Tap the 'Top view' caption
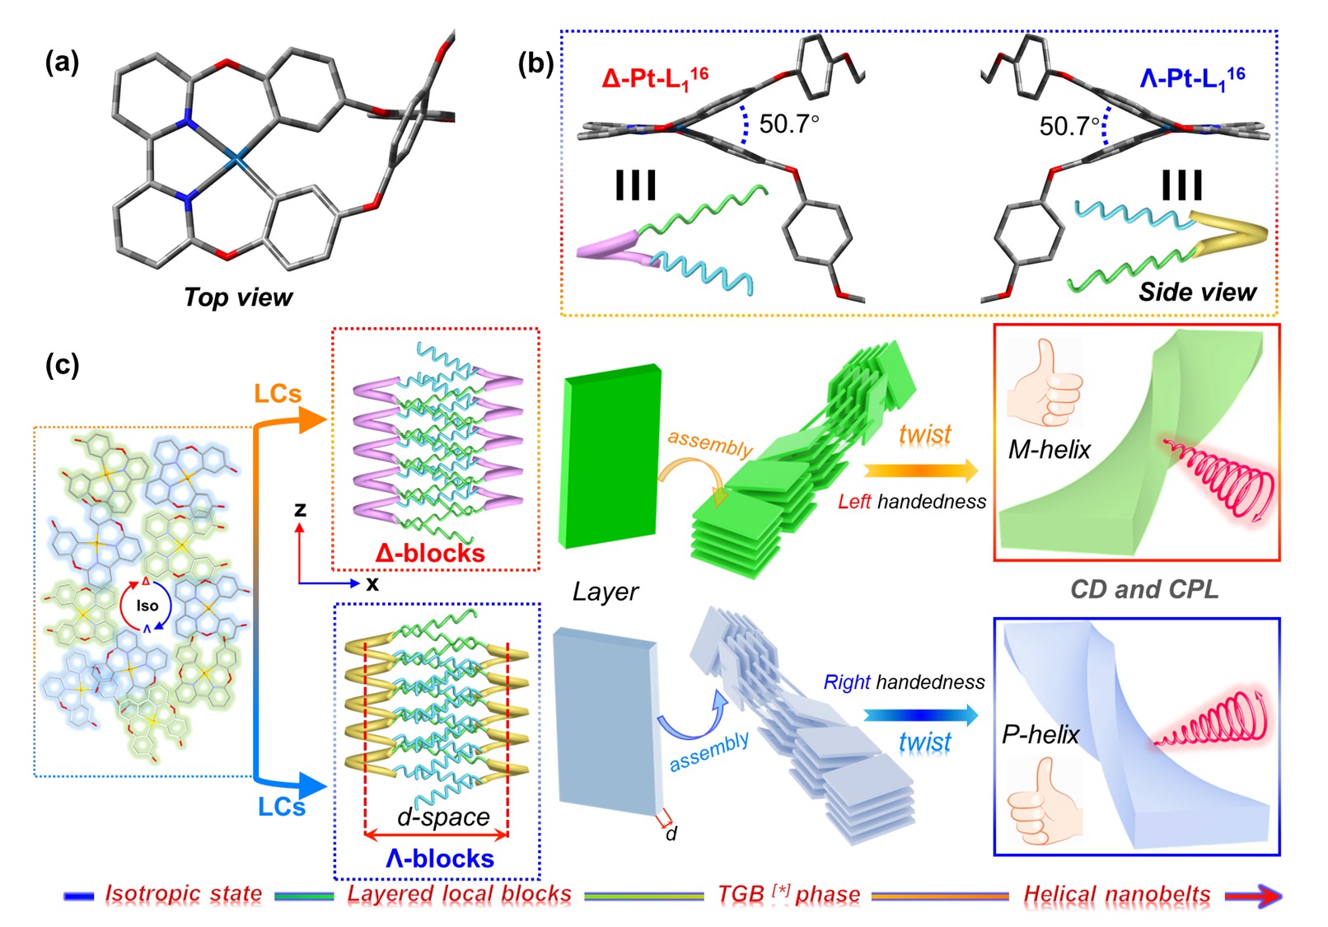[238, 297]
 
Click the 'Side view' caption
[1197, 292]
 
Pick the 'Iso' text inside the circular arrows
[147, 606]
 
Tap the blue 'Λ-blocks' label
[440, 859]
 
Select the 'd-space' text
[443, 817]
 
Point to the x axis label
[372, 584]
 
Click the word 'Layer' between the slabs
[606, 592]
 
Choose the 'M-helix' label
[1049, 449]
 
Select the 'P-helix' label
[1040, 734]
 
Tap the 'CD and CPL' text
[1143, 589]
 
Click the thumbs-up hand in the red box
[1044, 382]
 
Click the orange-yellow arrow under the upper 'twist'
[921, 471]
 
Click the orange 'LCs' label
[278, 394]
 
